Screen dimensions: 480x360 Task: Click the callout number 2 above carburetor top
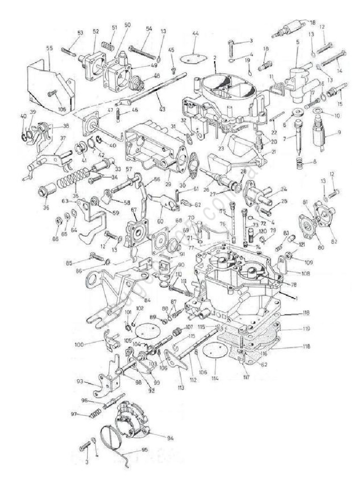click(214, 58)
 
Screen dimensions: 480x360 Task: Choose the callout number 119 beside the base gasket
click(293, 330)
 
